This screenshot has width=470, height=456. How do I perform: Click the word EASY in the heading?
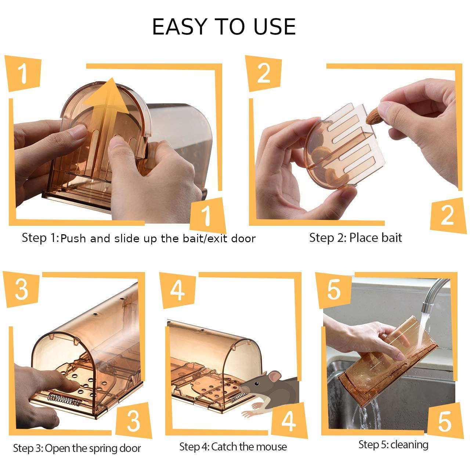click(180, 26)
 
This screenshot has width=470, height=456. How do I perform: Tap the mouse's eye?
click(257, 383)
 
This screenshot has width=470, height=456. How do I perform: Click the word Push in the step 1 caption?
click(73, 239)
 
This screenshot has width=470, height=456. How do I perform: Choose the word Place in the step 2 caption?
click(364, 238)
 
